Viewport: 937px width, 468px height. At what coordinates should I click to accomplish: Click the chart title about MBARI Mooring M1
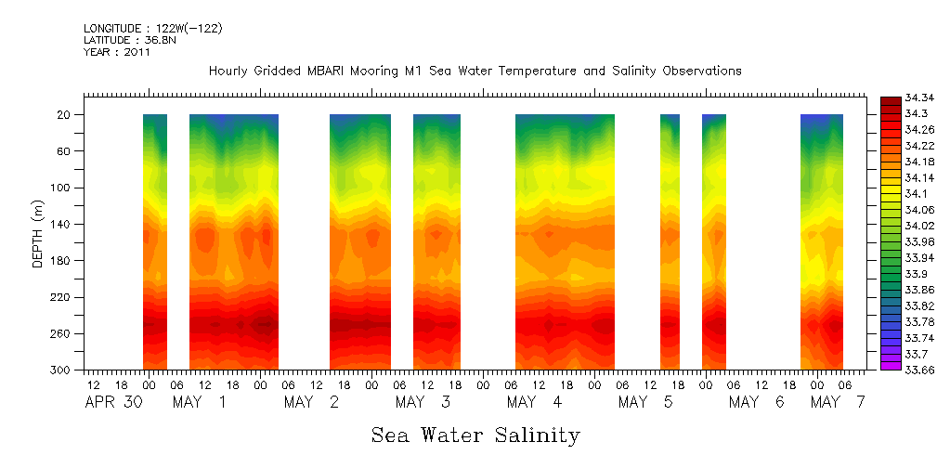pyautogui.click(x=475, y=71)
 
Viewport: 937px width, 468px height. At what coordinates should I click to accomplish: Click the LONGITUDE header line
pyautogui.click(x=153, y=28)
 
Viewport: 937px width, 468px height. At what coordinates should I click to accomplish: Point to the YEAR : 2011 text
pyautogui.click(x=117, y=52)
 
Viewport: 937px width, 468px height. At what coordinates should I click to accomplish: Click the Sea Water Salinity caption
pyautogui.click(x=475, y=435)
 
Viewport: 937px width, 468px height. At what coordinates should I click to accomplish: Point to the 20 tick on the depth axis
pyautogui.click(x=65, y=114)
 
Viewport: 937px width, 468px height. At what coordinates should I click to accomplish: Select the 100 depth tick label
pyautogui.click(x=62, y=188)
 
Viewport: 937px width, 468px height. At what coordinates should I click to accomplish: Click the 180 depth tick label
pyautogui.click(x=62, y=260)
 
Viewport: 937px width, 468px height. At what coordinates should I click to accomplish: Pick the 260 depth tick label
pyautogui.click(x=62, y=333)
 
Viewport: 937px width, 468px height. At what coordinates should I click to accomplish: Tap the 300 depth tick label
pyautogui.click(x=62, y=370)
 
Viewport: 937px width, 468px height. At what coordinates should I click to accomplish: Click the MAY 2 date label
pyautogui.click(x=312, y=402)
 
